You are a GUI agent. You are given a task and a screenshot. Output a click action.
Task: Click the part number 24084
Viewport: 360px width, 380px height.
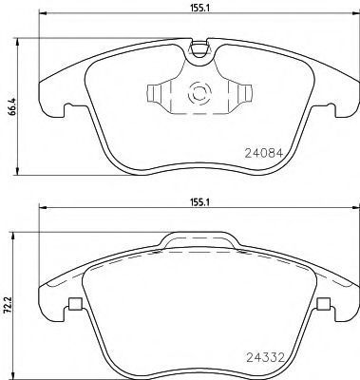click(x=264, y=154)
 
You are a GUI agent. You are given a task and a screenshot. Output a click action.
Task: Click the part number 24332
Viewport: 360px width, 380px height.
click(x=266, y=358)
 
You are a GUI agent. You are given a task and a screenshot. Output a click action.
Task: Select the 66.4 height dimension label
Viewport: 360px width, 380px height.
click(x=13, y=106)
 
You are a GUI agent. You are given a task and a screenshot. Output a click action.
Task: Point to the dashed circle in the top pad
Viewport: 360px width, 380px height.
click(x=199, y=94)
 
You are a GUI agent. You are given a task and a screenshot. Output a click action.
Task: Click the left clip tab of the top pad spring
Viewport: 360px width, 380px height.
click(x=153, y=94)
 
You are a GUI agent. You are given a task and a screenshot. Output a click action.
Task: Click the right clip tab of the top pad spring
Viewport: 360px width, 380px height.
click(x=246, y=94)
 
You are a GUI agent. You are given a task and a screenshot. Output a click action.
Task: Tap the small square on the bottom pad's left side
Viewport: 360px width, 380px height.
click(x=75, y=304)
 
